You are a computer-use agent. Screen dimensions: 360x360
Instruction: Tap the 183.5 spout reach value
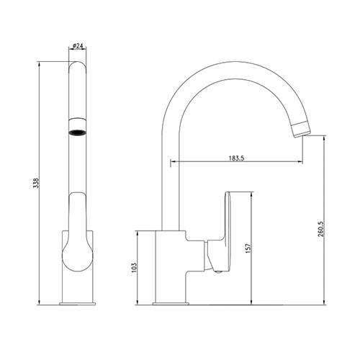[234, 158]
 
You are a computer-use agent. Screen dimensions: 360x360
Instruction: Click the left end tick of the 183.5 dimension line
[171, 164]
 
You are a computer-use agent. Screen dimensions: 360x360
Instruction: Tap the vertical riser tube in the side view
[171, 180]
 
